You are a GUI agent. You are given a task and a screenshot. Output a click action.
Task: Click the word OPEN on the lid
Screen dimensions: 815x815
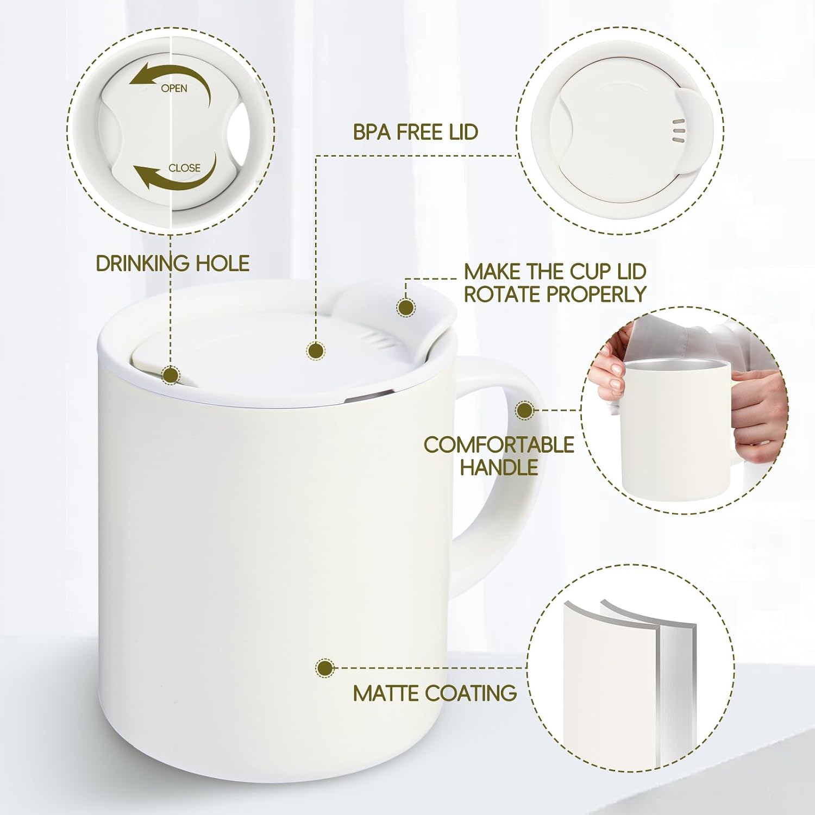pyautogui.click(x=174, y=88)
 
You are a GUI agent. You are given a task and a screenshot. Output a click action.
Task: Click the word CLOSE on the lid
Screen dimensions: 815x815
pyautogui.click(x=184, y=168)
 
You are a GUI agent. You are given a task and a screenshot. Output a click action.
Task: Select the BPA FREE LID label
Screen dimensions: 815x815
pyautogui.click(x=416, y=132)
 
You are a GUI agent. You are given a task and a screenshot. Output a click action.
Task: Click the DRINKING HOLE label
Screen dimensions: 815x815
pyautogui.click(x=173, y=264)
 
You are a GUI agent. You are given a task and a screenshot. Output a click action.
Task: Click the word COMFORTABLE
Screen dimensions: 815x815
pyautogui.click(x=499, y=444)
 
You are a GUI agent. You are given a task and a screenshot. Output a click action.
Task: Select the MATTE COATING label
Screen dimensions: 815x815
pyautogui.click(x=435, y=693)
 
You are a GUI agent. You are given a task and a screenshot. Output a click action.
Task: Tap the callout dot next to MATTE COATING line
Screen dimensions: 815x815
pyautogui.click(x=325, y=668)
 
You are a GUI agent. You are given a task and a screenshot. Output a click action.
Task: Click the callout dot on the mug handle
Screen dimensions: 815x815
pyautogui.click(x=524, y=410)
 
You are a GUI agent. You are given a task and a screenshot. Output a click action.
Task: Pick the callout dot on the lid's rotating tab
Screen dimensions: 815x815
pyautogui.click(x=405, y=308)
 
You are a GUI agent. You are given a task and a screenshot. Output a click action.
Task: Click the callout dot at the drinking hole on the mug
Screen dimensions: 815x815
pyautogui.click(x=172, y=375)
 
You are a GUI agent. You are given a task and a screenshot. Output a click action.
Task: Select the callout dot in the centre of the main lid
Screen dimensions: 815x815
pyautogui.click(x=316, y=350)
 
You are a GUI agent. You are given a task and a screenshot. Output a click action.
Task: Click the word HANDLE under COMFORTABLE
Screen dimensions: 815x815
pyautogui.click(x=499, y=467)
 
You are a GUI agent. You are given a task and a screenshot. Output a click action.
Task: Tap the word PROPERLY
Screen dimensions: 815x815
pyautogui.click(x=597, y=294)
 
